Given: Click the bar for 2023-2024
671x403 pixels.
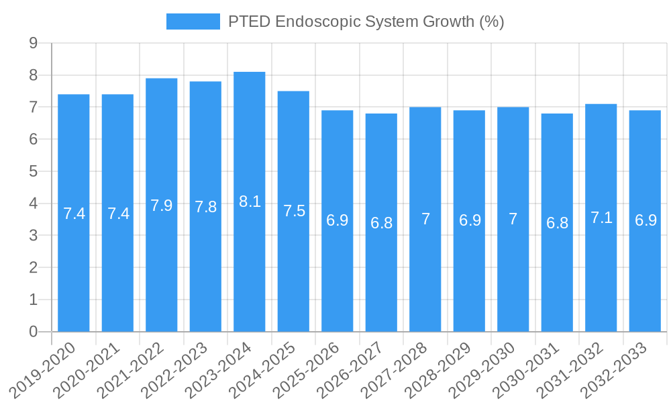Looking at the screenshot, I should coord(250,201).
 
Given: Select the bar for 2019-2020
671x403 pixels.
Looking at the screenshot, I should coord(74,213).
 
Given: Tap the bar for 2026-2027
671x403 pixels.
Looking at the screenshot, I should coord(381,222).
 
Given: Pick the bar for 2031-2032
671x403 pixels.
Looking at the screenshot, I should coord(601,218).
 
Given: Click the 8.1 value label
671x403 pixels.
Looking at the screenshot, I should coord(250,201).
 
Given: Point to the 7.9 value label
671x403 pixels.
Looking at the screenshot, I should coord(162,206).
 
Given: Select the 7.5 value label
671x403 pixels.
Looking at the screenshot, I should coord(294,211).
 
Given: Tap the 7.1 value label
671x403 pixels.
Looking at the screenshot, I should coord(601,218).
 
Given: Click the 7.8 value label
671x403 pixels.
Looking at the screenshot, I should coord(205,207).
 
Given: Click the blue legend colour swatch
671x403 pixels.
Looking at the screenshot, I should coord(193,21).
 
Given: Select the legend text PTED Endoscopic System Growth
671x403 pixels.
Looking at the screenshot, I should coord(366,21).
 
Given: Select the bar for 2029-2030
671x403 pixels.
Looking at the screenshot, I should coord(513,220).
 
